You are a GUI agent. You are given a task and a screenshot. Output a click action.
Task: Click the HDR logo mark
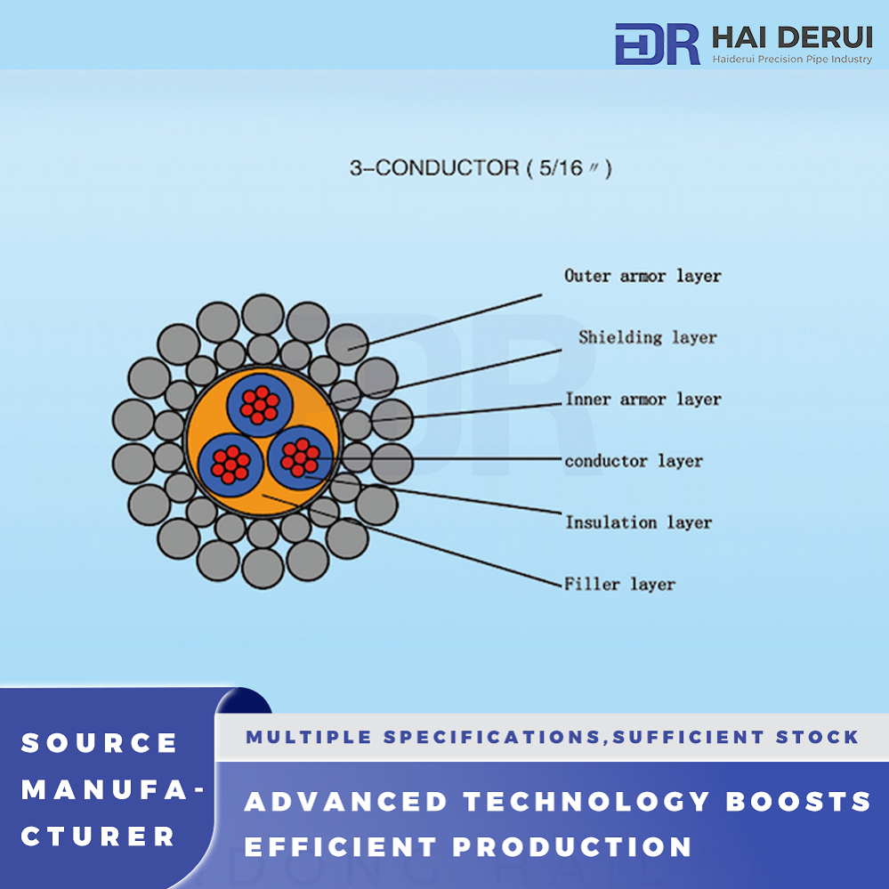tap(657, 44)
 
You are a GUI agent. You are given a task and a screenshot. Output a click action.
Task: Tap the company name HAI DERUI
tap(792, 37)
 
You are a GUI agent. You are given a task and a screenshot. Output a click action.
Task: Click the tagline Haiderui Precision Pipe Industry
tap(792, 59)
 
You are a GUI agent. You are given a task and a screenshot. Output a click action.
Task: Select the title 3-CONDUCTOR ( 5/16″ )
tap(481, 168)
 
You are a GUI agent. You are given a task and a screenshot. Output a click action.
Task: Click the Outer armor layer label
tap(643, 276)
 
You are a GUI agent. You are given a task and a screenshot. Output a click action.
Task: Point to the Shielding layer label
tap(648, 338)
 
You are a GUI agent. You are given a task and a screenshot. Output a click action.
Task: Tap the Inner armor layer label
tap(643, 400)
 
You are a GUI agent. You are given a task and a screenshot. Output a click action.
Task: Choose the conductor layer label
tap(634, 461)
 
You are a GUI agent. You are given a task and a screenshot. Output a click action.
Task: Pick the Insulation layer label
tap(638, 522)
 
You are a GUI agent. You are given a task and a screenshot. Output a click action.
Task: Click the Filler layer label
tap(619, 584)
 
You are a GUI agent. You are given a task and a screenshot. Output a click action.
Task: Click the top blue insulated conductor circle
tap(260, 405)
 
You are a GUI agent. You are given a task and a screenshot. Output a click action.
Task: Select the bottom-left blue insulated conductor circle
tap(230, 465)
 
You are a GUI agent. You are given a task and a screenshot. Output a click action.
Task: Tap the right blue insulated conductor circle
tap(300, 457)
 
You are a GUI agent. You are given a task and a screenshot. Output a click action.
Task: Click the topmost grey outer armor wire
tap(263, 315)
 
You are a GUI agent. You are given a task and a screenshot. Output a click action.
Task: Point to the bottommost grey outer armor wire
tap(263, 568)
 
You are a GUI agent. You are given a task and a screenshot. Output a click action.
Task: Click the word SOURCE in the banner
tap(99, 743)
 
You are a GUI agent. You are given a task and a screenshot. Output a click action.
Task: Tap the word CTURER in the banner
tap(98, 836)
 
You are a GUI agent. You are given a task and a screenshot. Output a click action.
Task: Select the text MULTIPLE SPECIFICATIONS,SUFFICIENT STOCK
tap(553, 737)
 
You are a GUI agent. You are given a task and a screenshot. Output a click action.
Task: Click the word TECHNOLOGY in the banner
tap(586, 802)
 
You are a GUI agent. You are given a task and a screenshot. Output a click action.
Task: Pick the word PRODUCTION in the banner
tap(572, 847)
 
